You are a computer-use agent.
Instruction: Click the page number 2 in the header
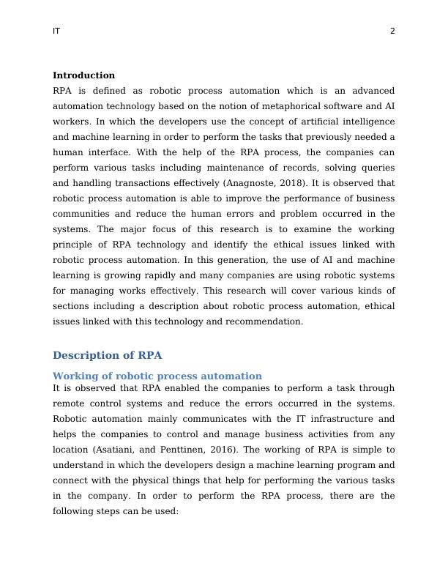pyautogui.click(x=392, y=31)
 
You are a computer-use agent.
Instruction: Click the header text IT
pyautogui.click(x=56, y=31)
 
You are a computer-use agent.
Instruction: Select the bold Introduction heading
pyautogui.click(x=83, y=75)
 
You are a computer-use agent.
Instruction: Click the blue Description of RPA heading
pyautogui.click(x=107, y=355)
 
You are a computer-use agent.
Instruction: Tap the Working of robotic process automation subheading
pyautogui.click(x=157, y=376)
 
